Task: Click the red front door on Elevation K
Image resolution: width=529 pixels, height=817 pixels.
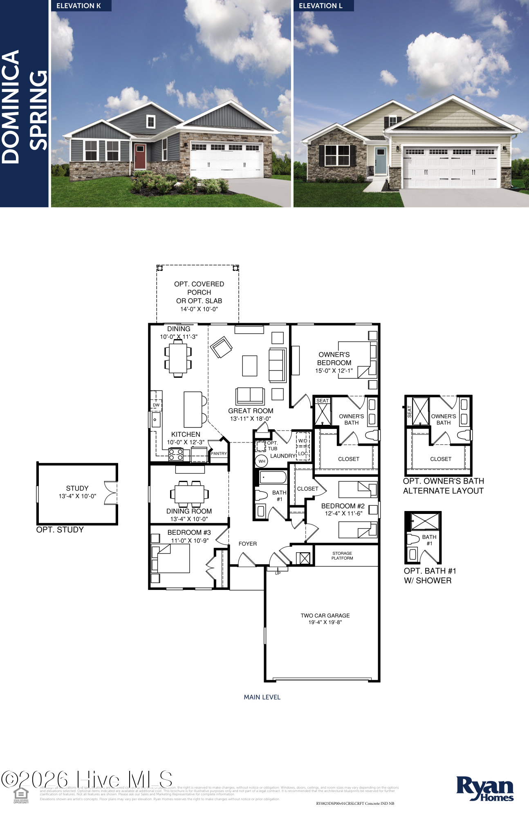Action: [x=140, y=156]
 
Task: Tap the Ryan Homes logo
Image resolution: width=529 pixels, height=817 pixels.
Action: [x=485, y=789]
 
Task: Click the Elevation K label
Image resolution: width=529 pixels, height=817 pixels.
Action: [x=78, y=6]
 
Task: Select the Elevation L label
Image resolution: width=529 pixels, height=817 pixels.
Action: [x=321, y=6]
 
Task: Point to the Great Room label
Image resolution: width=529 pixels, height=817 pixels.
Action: [x=251, y=411]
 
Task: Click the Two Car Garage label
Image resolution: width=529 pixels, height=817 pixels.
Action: [x=325, y=616]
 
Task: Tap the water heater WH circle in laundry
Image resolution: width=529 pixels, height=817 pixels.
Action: [x=262, y=461]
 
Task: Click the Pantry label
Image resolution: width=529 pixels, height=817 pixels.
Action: [x=219, y=453]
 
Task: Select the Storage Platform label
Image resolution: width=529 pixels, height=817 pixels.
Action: [x=342, y=556]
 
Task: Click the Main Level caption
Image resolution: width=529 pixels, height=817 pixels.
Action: [x=262, y=697]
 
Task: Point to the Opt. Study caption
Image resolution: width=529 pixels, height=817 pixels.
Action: [x=60, y=530]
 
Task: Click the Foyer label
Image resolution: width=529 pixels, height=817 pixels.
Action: [x=248, y=544]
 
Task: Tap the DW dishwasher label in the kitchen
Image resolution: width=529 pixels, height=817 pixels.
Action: [x=156, y=405]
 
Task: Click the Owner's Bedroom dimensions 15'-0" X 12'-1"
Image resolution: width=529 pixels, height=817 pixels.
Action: [x=334, y=371]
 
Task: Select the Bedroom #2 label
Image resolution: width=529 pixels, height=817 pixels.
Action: [x=343, y=506]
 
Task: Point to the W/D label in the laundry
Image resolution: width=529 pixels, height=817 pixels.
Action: [x=303, y=441]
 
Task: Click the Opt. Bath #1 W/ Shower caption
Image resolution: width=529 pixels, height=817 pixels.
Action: [x=430, y=576]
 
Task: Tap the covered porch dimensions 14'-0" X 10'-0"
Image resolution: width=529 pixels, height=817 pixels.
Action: [x=199, y=309]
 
